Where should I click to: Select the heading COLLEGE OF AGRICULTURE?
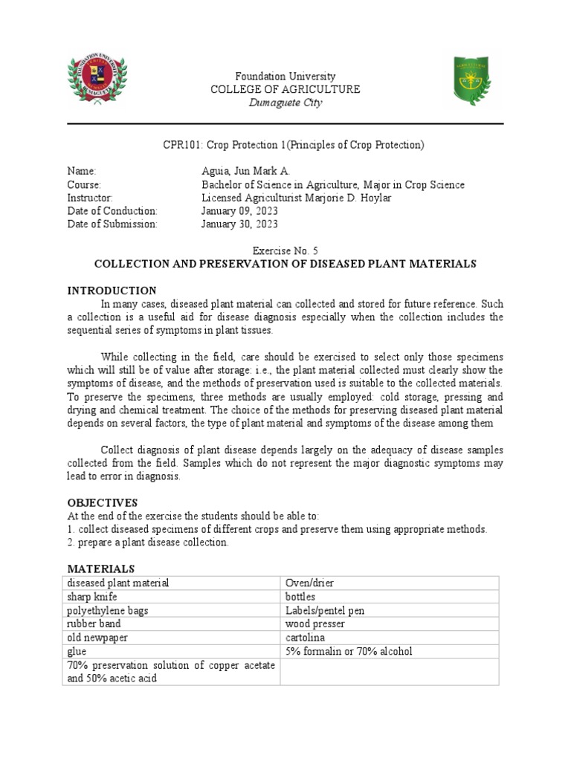[x=285, y=89]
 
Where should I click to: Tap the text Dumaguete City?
[x=285, y=103]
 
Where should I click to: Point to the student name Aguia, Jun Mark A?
[x=246, y=171]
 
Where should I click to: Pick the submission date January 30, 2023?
[x=239, y=224]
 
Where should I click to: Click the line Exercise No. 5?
[x=285, y=251]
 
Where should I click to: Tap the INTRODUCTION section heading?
[x=112, y=291]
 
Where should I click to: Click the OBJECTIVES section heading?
[x=103, y=502]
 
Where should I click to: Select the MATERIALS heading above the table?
[x=100, y=569]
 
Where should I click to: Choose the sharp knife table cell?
[x=91, y=597]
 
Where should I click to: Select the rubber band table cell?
[x=94, y=624]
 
